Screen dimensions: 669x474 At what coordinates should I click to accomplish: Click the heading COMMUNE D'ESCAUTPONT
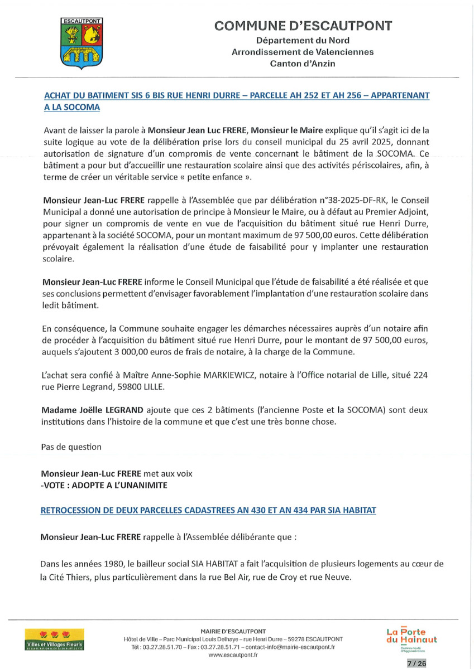[303, 26]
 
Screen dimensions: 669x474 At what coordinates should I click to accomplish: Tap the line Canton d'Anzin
[303, 64]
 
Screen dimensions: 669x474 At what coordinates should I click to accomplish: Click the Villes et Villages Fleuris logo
[54, 639]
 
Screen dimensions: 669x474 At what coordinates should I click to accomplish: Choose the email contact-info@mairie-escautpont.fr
[290, 647]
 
